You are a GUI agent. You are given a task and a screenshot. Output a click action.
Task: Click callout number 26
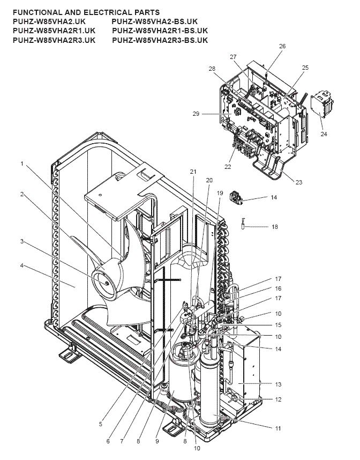click(x=282, y=46)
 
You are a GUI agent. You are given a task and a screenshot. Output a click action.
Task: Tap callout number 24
click(x=324, y=134)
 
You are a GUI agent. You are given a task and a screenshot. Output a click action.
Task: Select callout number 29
click(x=196, y=114)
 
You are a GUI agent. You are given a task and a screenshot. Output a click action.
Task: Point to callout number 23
click(x=298, y=182)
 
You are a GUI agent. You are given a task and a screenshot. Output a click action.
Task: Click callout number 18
click(x=275, y=227)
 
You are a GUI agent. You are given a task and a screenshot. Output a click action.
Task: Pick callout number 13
click(x=278, y=384)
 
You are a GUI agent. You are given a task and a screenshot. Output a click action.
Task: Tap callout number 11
click(x=278, y=428)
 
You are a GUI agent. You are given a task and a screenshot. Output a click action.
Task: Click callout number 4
click(x=21, y=265)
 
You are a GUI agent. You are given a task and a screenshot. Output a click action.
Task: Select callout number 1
click(x=21, y=164)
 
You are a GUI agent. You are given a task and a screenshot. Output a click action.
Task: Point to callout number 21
click(x=193, y=172)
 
